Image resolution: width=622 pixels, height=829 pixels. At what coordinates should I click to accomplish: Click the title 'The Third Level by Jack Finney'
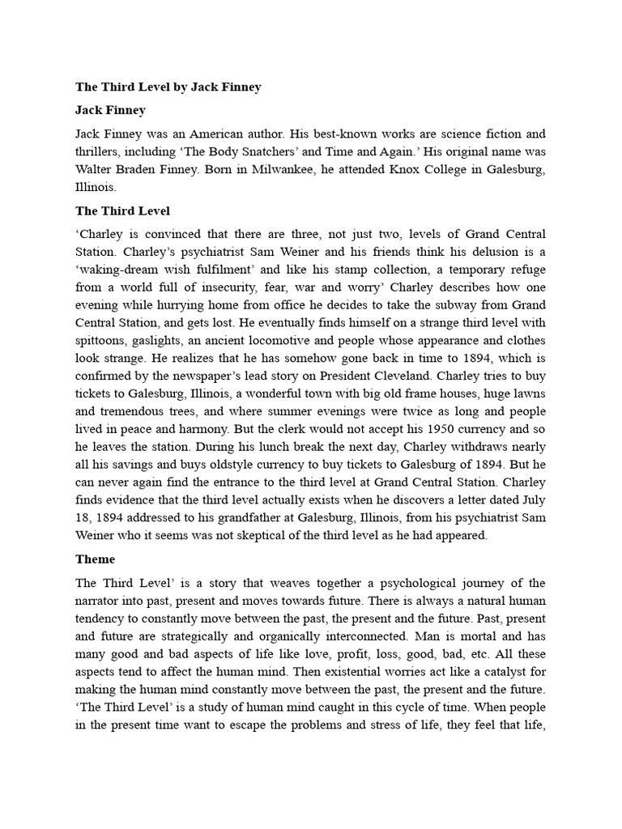click(x=168, y=87)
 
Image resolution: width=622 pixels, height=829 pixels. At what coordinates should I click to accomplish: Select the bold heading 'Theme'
click(x=96, y=559)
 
